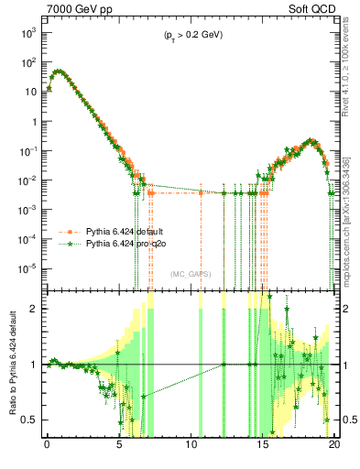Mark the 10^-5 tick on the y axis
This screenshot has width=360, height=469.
point(28,268)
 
